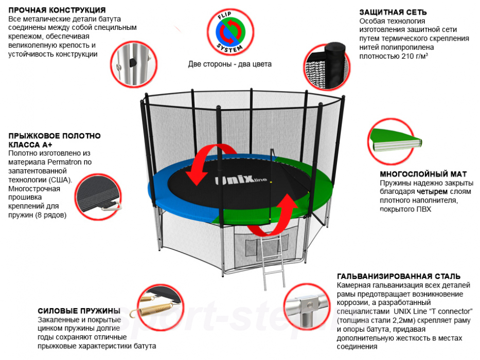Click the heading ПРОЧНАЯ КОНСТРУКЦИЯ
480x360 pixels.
[x=57, y=10]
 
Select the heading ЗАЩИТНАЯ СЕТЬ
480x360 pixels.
[x=393, y=12]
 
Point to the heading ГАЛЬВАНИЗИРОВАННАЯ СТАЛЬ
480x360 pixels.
[x=399, y=276]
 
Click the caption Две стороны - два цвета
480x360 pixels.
[x=229, y=64]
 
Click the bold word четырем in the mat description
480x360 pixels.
[x=439, y=191]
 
